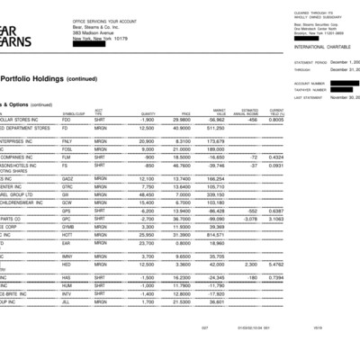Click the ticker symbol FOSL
click(x=67, y=149)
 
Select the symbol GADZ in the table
click(x=67, y=179)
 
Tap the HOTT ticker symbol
click(x=67, y=234)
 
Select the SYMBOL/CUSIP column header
click(x=73, y=112)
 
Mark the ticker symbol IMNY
click(x=67, y=256)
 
